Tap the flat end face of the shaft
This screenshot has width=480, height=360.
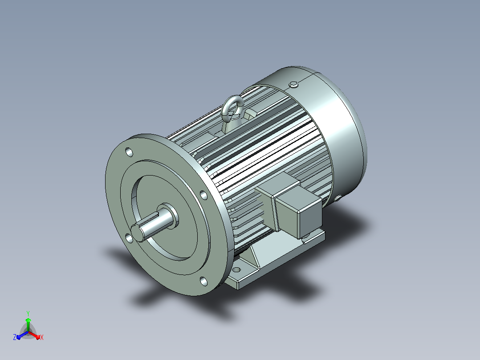(137, 233)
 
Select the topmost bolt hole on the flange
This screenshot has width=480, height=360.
(129, 152)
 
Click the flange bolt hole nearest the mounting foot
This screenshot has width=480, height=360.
(203, 281)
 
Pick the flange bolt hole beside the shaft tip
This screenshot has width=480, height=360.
(129, 238)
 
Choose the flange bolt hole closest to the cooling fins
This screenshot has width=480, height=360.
(203, 195)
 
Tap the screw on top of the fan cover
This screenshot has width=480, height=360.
(293, 84)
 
